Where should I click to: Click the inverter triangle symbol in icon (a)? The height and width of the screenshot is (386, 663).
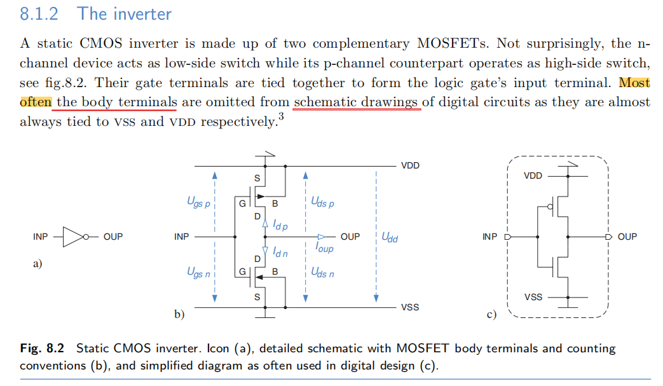tap(74, 237)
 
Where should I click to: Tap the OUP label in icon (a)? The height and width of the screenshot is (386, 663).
tap(113, 237)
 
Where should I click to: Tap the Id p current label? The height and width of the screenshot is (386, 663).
tap(280, 224)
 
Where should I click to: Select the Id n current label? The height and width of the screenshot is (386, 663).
tap(280, 252)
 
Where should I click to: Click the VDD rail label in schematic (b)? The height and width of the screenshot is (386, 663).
tap(410, 165)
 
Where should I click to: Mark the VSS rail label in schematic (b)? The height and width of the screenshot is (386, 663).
tap(410, 307)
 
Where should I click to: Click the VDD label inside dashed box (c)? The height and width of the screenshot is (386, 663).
tap(533, 176)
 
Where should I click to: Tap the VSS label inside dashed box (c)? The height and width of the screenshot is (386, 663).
tap(533, 297)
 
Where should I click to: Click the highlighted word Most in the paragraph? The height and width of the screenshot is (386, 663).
tap(634, 82)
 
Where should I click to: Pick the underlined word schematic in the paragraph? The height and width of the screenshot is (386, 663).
tap(325, 102)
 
